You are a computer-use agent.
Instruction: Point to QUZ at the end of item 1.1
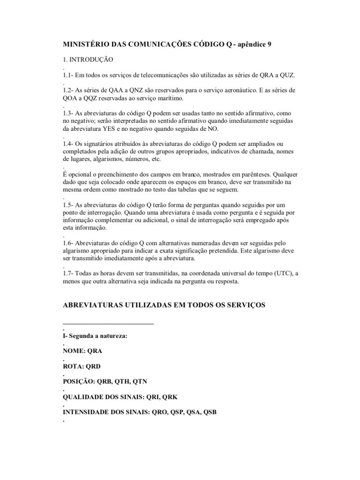click(x=287, y=75)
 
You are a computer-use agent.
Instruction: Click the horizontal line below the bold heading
click(x=108, y=323)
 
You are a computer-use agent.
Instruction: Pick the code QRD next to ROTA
click(x=93, y=366)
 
